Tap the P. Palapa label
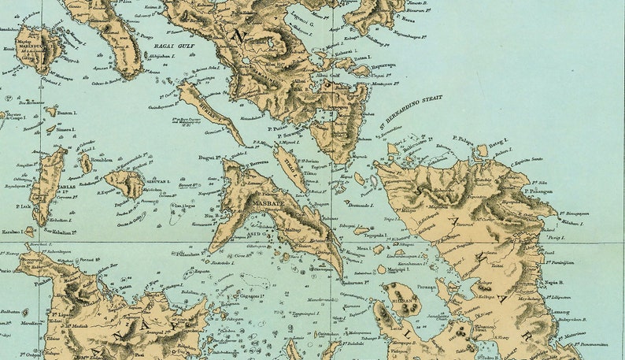pyautogui.click(x=464, y=139)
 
